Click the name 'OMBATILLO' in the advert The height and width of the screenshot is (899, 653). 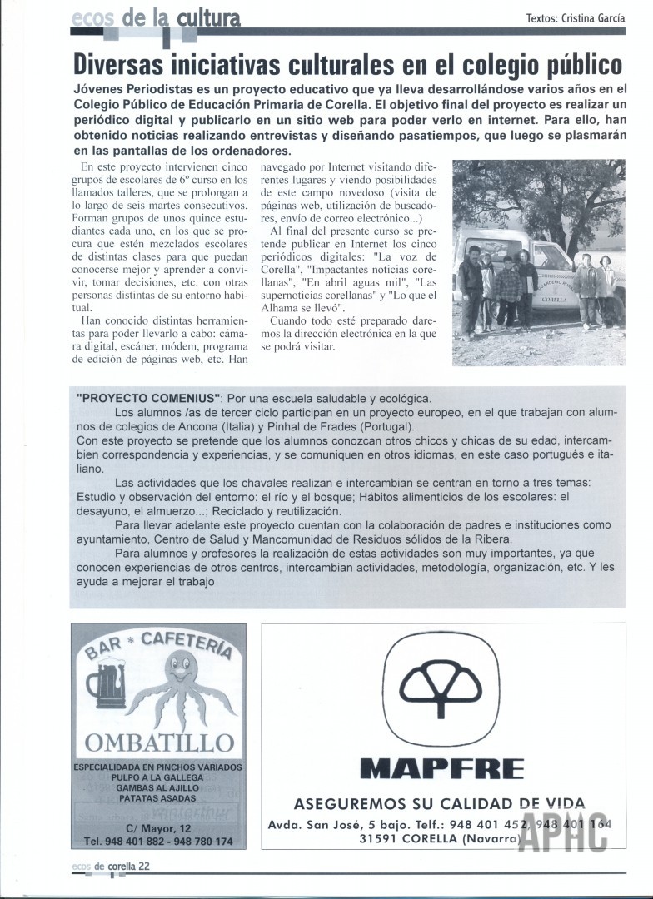pos(160,742)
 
